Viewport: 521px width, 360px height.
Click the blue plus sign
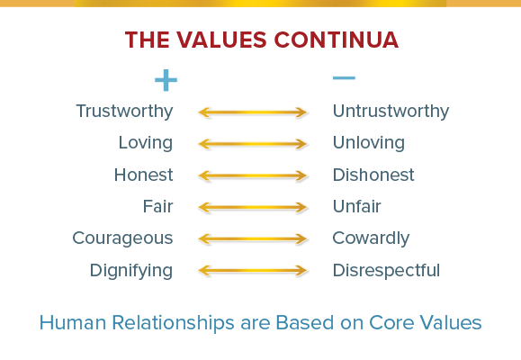(166, 80)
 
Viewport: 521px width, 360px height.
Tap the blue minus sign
(344, 78)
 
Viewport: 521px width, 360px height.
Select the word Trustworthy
(124, 112)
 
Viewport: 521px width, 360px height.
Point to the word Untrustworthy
(391, 112)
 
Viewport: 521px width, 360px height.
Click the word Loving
(146, 143)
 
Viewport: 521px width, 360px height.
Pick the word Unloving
(369, 143)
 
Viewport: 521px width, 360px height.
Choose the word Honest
(144, 175)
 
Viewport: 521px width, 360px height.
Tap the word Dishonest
(373, 175)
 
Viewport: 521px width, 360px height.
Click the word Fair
(157, 206)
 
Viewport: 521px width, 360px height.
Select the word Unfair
(357, 206)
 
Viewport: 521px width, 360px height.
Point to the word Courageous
(122, 238)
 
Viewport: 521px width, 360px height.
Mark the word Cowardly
(371, 238)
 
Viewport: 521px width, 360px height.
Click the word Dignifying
(131, 271)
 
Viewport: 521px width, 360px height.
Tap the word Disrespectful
(386, 271)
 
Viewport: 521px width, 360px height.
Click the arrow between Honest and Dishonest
(253, 175)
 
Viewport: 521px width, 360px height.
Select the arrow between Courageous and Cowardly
(253, 239)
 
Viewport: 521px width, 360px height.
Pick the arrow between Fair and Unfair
(253, 207)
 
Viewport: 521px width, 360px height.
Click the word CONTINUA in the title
(337, 40)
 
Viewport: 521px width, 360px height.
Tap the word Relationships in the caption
(173, 323)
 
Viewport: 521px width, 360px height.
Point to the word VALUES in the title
(221, 40)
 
